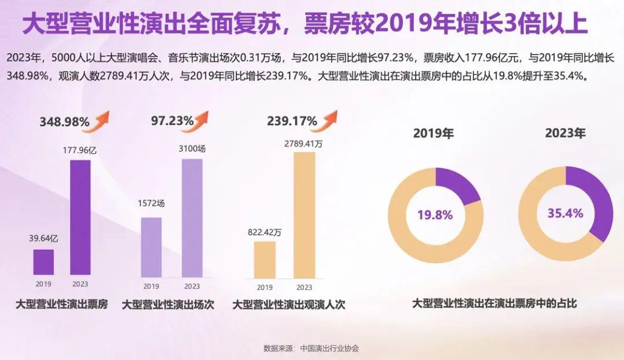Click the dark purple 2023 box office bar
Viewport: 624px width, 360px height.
click(x=80, y=217)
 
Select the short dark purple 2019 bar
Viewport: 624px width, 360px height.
click(x=43, y=262)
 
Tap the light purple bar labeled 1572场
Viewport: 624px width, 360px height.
click(x=151, y=246)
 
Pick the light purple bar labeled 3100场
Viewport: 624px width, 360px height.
click(x=192, y=217)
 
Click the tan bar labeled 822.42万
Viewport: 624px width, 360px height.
click(x=265, y=258)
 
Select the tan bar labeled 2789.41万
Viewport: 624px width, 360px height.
click(x=304, y=214)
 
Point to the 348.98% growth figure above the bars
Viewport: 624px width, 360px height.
click(x=64, y=122)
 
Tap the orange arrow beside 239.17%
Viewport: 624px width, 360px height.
click(x=329, y=120)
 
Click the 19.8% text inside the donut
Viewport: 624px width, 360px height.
click(x=435, y=215)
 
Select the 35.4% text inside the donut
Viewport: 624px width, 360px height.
click(x=565, y=213)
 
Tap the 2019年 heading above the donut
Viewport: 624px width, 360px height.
click(x=433, y=133)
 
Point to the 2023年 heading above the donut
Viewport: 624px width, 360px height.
click(x=565, y=133)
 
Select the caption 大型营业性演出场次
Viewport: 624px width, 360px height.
click(x=168, y=305)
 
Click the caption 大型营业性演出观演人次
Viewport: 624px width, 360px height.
click(x=289, y=305)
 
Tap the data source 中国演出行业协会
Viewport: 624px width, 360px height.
click(x=329, y=348)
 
